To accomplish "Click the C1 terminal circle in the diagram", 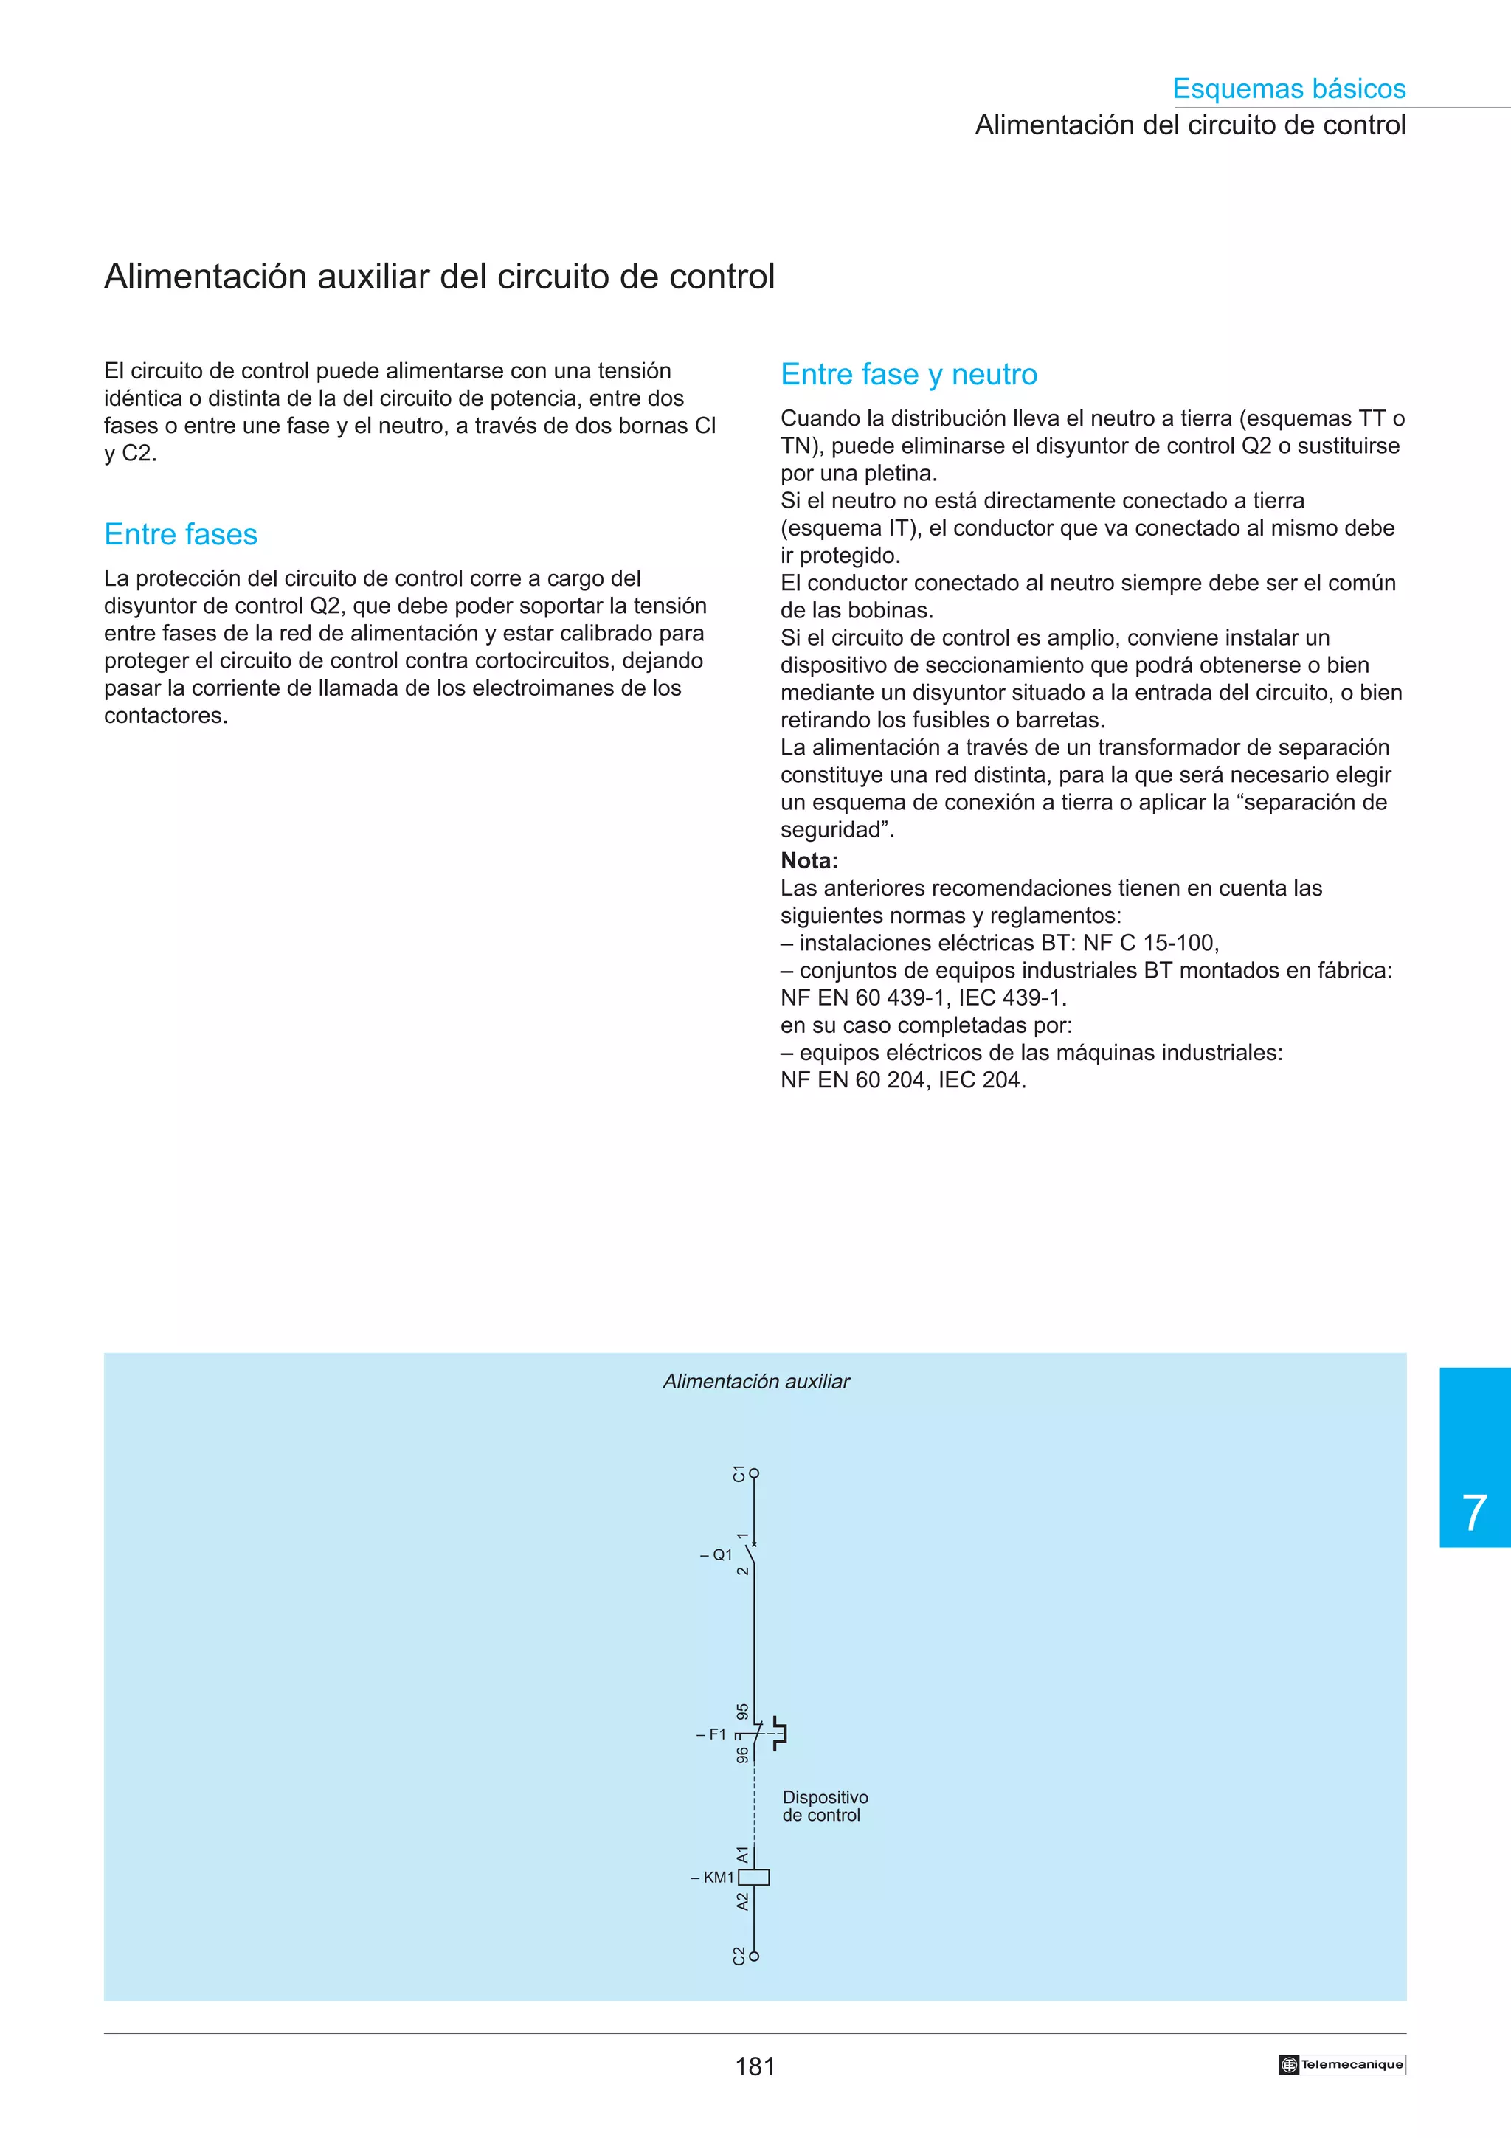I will (754, 1474).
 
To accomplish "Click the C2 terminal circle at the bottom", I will (754, 1957).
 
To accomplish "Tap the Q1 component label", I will (717, 1555).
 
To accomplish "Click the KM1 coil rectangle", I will (754, 1878).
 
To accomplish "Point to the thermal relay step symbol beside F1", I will (779, 1734).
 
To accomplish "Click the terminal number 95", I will (742, 1712).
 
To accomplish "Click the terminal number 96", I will (742, 1754).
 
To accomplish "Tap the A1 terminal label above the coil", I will (742, 1854).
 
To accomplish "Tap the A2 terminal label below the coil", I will (742, 1901).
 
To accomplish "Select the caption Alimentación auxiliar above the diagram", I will (756, 1382).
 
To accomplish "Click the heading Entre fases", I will (181, 534).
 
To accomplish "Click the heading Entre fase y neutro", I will (909, 374).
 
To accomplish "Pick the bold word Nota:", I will (809, 860).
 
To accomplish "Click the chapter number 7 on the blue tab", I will (1474, 1513).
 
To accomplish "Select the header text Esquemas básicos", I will (1288, 89).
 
